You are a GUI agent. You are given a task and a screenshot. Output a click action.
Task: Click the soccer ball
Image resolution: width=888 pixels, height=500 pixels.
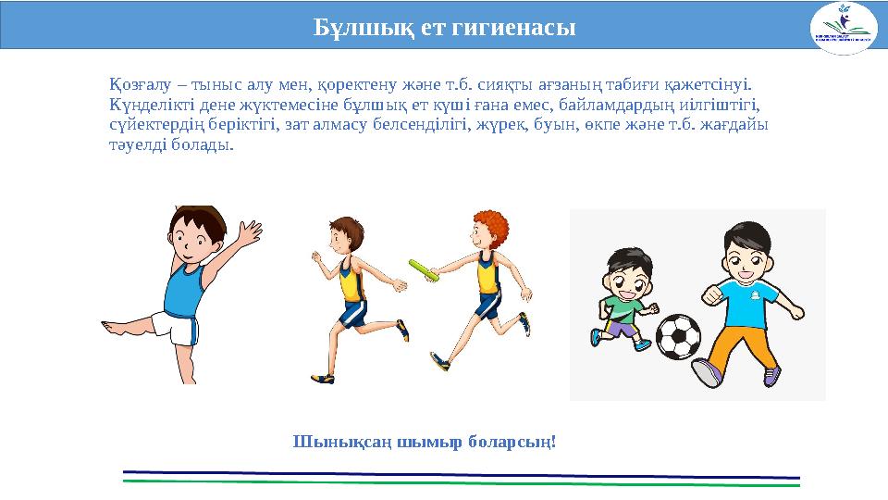coord(678,336)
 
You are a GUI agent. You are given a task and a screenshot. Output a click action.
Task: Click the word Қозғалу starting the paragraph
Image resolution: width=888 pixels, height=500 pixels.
coord(135,86)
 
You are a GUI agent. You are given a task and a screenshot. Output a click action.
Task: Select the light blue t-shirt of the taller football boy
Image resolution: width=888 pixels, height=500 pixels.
coord(748,300)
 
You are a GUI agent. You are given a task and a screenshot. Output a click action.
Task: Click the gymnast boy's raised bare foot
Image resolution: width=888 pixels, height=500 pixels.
coord(109,326)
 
